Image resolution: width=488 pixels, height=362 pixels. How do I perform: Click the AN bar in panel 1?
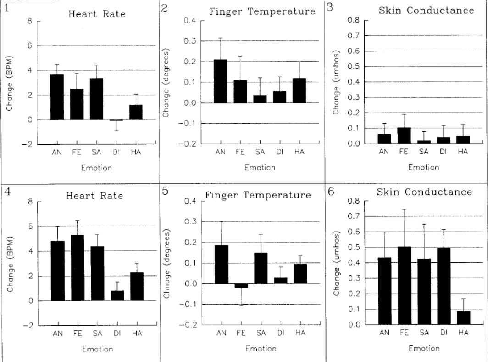56,97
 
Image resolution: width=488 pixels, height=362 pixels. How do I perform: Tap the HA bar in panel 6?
463,318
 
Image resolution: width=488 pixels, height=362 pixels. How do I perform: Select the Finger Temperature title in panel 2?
262,11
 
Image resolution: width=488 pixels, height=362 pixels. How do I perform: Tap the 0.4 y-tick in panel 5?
189,201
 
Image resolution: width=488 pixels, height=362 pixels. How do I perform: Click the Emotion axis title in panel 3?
424,167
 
